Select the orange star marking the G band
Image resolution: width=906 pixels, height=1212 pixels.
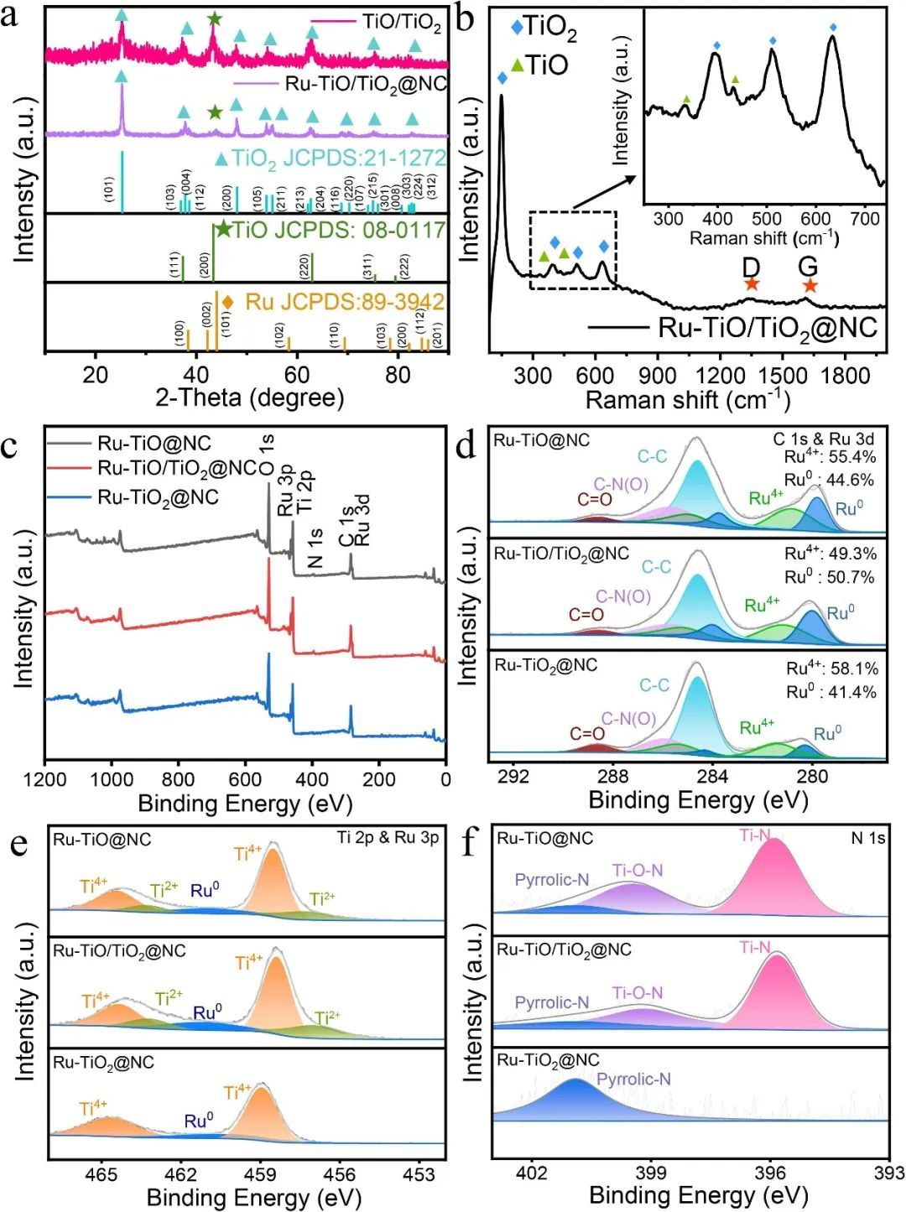coord(809,285)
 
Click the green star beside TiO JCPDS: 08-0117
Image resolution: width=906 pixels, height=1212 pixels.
coord(223,229)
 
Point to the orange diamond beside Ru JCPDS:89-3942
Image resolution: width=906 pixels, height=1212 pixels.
coord(227,301)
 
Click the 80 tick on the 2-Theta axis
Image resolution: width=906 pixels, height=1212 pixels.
coord(398,374)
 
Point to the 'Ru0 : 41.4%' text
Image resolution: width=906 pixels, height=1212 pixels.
coord(830,692)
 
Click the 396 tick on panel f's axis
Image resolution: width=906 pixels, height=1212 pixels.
coord(770,1172)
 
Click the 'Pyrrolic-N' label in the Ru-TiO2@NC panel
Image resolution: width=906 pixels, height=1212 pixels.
coord(633,1079)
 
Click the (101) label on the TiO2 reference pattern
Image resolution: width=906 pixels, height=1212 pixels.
coord(109,189)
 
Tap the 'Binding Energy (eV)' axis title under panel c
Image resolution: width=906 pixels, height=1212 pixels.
coord(245,804)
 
